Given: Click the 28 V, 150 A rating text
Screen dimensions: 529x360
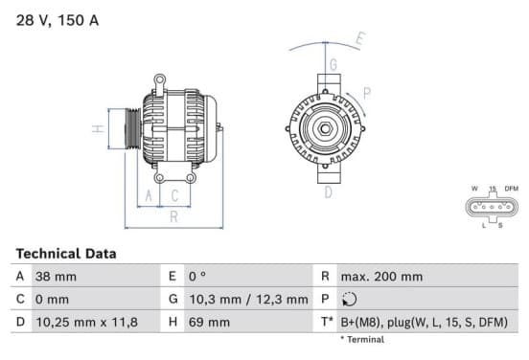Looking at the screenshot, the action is click(x=57, y=20).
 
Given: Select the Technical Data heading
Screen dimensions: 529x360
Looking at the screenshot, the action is click(x=66, y=254).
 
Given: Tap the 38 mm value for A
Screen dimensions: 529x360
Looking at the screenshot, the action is click(x=56, y=277).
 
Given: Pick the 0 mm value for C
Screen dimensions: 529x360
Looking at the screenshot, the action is click(x=52, y=300).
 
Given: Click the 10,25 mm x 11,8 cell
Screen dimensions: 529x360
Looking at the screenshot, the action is click(x=86, y=323).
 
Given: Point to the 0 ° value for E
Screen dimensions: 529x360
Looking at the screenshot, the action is click(x=197, y=277).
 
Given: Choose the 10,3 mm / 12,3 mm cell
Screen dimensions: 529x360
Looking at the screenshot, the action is click(x=248, y=300).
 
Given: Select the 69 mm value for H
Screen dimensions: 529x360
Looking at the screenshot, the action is click(x=209, y=323).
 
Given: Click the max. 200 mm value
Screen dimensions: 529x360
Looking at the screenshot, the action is click(x=381, y=277).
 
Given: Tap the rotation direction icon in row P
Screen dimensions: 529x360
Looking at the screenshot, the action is click(x=349, y=300).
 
